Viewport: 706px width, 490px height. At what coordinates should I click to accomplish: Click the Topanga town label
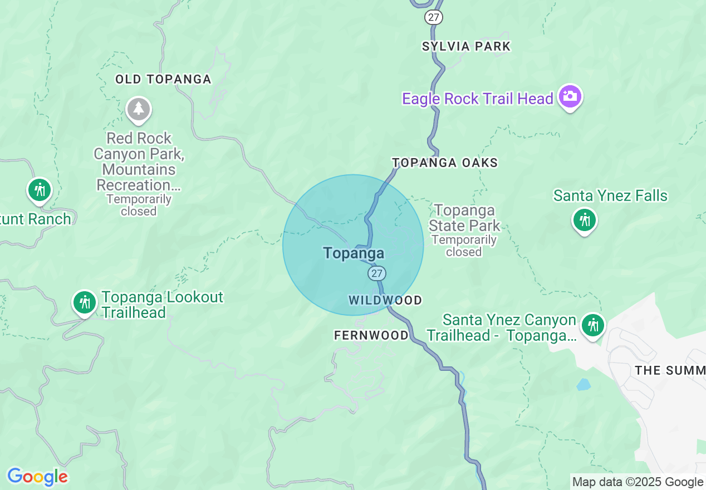[354, 253]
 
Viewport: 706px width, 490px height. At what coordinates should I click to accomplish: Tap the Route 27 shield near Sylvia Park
[433, 17]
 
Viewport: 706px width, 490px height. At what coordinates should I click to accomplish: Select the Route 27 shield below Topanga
[377, 273]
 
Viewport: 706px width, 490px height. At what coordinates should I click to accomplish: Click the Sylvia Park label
[466, 46]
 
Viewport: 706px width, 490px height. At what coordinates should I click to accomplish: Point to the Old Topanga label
[163, 80]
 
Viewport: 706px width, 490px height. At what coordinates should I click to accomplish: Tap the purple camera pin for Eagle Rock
[570, 97]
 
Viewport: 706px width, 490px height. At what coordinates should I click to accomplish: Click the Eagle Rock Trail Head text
[477, 99]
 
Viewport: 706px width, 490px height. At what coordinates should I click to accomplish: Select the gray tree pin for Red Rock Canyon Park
[139, 109]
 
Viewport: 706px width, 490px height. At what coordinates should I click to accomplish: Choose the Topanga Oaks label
[445, 163]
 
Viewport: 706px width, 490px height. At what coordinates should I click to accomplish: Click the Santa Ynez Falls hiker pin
[584, 220]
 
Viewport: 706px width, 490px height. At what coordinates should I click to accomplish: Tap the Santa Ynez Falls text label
[610, 196]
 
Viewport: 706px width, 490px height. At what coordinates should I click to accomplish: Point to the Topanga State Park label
[464, 218]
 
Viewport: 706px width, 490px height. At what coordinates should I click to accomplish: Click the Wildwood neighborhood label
[385, 301]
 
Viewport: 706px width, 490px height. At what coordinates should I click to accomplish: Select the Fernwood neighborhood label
[371, 335]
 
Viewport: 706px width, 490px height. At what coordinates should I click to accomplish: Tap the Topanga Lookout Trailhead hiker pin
[85, 302]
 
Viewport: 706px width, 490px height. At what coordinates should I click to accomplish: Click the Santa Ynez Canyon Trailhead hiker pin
[592, 325]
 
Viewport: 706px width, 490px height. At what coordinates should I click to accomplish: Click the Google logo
[37, 477]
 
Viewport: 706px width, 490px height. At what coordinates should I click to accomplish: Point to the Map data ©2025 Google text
[638, 482]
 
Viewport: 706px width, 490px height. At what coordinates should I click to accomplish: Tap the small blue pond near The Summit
[583, 384]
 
